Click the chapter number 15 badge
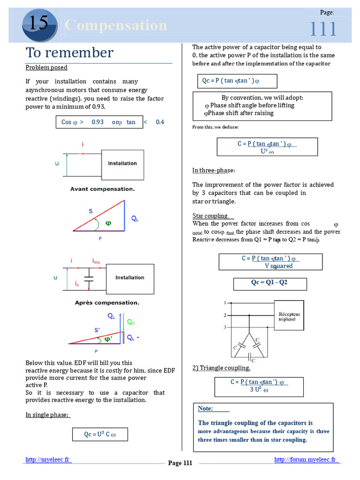(x=39, y=24)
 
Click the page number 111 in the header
(x=322, y=29)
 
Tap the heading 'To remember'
(x=69, y=52)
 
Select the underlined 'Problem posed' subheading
(x=46, y=67)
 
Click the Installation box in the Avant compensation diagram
(x=122, y=164)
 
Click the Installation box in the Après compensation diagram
(x=130, y=277)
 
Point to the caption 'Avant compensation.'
(x=102, y=189)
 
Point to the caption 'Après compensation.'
(x=107, y=303)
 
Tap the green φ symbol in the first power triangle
(x=108, y=223)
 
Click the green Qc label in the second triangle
(x=131, y=322)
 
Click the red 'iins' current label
(x=96, y=261)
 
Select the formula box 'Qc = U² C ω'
(x=100, y=435)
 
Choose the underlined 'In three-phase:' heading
(x=213, y=170)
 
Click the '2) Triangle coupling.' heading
(x=221, y=368)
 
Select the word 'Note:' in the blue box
(x=205, y=409)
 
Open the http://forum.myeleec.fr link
(x=305, y=460)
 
